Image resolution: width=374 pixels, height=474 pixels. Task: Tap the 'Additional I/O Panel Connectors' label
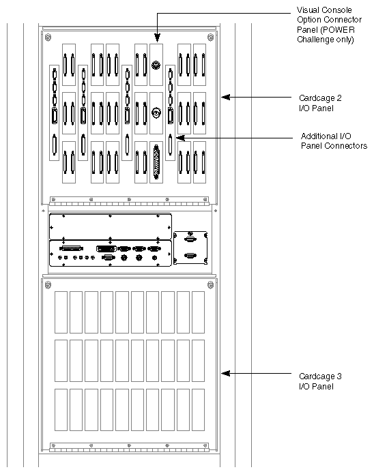pos(334,141)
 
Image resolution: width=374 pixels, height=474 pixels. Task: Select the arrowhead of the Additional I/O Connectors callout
pos(179,137)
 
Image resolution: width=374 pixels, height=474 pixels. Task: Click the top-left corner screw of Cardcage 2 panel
pos(47,36)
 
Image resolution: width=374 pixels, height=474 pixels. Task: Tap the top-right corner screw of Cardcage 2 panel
pos(210,36)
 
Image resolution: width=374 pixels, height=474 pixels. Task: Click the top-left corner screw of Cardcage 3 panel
pos(47,283)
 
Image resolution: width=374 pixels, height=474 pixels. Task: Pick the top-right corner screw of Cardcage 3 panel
pos(210,283)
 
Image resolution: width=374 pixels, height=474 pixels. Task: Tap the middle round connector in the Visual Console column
pos(157,113)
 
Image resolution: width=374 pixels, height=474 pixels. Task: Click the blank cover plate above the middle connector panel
pos(109,226)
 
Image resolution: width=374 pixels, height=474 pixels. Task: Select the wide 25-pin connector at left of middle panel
pos(72,249)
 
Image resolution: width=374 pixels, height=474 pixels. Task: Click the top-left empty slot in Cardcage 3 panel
pos(59,311)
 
